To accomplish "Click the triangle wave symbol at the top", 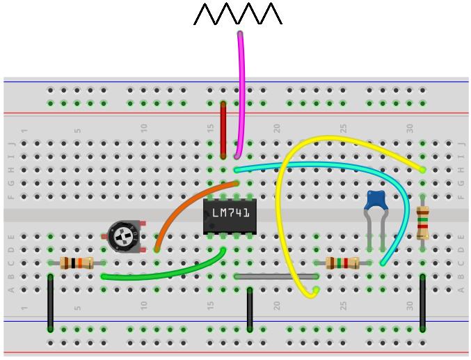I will point(238,14).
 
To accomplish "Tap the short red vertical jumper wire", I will point(223,130).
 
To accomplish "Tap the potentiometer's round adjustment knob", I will point(124,237).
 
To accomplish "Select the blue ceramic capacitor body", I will point(376,200).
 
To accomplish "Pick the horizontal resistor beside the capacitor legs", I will point(342,263).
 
